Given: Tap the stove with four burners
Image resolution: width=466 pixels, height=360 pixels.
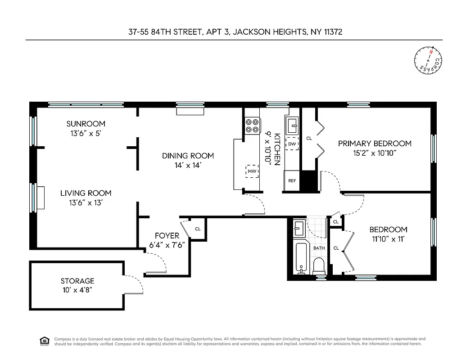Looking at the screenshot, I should (x=252, y=125).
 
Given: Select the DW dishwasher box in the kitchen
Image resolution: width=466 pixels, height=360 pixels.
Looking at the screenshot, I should (x=292, y=144).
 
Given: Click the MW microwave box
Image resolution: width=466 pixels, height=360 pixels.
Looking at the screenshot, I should (x=252, y=171).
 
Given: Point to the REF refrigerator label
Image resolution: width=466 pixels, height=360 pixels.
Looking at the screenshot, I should (x=292, y=181).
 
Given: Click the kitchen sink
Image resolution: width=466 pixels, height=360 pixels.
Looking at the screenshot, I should (x=292, y=123).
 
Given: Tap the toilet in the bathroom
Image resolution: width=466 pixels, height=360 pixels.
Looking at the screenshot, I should (x=319, y=266).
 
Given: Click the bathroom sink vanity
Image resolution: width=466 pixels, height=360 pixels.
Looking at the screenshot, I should (x=299, y=229).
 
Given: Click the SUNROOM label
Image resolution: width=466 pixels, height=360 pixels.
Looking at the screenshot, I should (x=86, y=124).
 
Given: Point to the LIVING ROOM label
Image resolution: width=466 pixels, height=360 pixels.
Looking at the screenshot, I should (x=86, y=193).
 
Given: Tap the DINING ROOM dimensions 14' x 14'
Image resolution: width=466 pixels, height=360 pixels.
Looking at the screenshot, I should (x=188, y=165).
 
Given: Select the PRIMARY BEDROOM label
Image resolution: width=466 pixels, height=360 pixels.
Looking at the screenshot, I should (x=375, y=144).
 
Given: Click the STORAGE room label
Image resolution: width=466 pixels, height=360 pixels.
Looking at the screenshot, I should (x=77, y=281).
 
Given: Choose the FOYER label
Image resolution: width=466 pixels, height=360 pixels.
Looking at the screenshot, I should (x=167, y=236).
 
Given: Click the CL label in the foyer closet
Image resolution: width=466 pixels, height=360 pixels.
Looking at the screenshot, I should (x=198, y=229).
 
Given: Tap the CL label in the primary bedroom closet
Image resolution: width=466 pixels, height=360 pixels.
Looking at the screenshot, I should (x=309, y=139).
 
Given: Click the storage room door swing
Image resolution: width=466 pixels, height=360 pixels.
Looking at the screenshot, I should (x=135, y=282).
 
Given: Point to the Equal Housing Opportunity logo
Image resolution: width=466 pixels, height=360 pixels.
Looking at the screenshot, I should (x=45, y=341).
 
